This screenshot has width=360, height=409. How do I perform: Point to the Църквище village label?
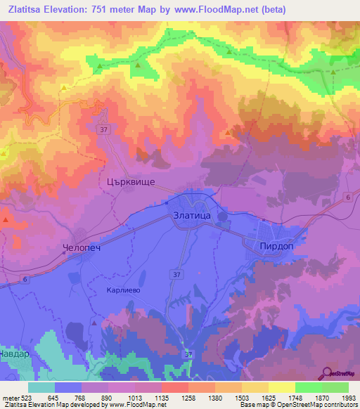click(x=125, y=181)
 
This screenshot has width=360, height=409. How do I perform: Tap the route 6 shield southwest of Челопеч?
click(x=26, y=280)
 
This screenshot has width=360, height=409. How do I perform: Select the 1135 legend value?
click(x=161, y=398)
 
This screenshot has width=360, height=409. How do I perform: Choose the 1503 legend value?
click(x=241, y=398)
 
